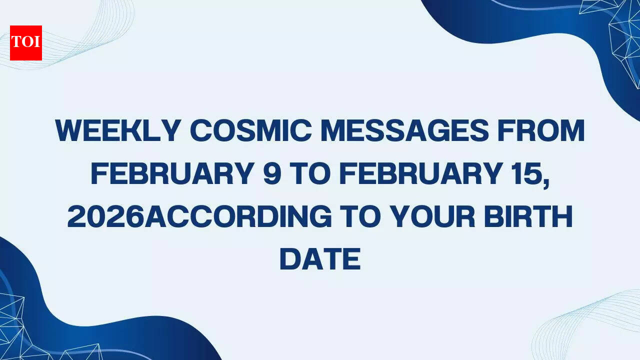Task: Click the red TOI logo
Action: point(26,43)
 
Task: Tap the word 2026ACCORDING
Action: point(199,216)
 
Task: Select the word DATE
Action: point(320,259)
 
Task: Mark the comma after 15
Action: point(546,183)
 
